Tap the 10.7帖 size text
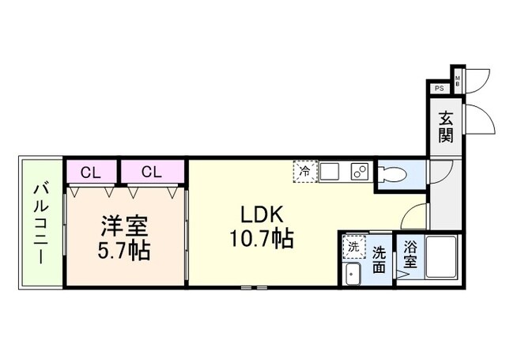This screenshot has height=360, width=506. coord(262,238)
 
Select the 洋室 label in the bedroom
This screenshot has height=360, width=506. coord(125,225)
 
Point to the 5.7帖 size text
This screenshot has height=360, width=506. coord(125,252)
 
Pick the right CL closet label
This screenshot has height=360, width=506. coord(153,171)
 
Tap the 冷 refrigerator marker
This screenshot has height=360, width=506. coord(305,170)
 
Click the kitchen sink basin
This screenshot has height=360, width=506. coord(331,171)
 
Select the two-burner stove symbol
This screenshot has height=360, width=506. coord(358,171)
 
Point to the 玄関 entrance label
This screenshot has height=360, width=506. coord(447,127)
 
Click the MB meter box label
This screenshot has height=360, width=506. coord(457,80)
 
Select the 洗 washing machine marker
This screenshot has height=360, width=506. coord(353,247)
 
